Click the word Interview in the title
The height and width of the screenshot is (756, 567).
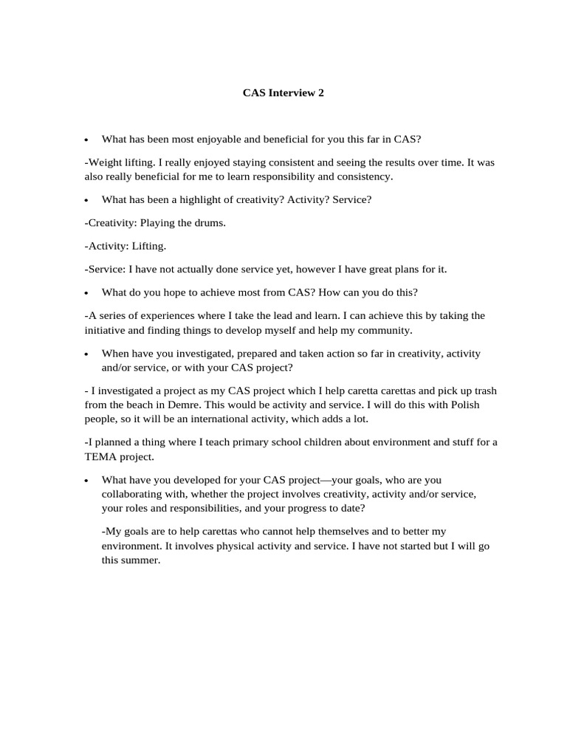291,93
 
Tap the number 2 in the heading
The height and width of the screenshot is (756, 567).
321,93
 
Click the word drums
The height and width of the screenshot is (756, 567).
209,223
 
